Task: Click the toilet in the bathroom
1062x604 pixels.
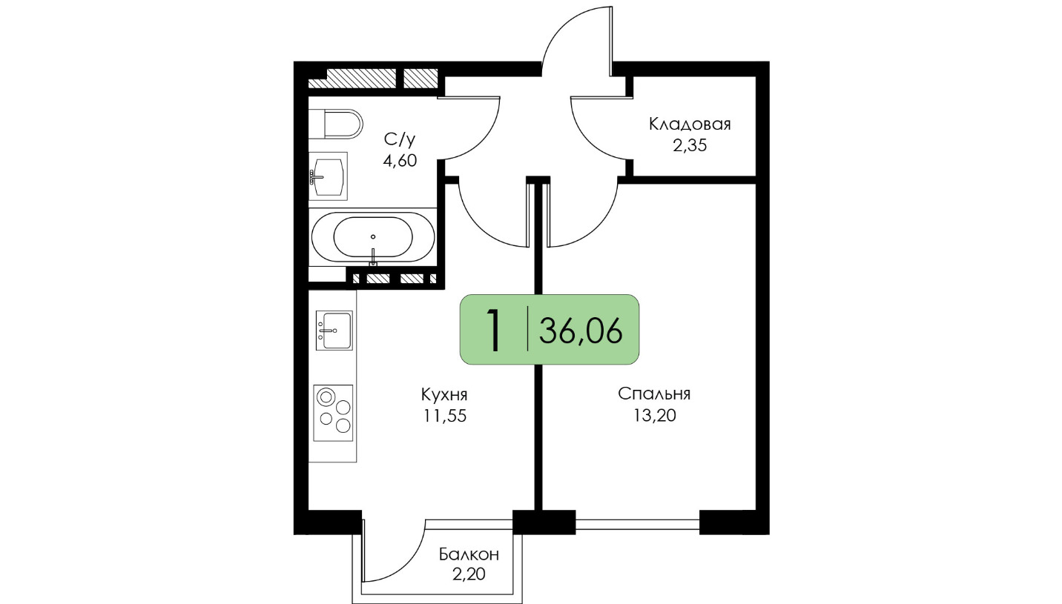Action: point(336,124)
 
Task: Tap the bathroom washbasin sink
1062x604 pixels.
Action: point(328,176)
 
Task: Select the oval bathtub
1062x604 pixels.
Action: point(372,237)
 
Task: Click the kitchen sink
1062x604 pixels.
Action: point(334,331)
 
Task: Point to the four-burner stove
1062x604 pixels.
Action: point(333,413)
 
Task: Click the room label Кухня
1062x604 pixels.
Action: point(444,394)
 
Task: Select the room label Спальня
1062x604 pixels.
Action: point(654,394)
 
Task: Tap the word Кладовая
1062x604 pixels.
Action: point(690,124)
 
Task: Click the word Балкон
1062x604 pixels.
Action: point(469,554)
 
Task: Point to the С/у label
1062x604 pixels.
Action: point(400,139)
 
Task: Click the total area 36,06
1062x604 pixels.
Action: point(581,331)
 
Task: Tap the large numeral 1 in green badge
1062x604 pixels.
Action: point(495,329)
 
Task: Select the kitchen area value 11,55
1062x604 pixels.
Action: point(445,416)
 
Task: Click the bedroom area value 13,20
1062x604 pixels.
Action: point(654,416)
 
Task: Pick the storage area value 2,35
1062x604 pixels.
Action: point(690,145)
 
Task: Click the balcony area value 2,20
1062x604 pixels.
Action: point(469,574)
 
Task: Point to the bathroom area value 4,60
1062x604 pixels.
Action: point(400,161)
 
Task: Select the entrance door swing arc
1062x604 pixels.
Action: point(559,24)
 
